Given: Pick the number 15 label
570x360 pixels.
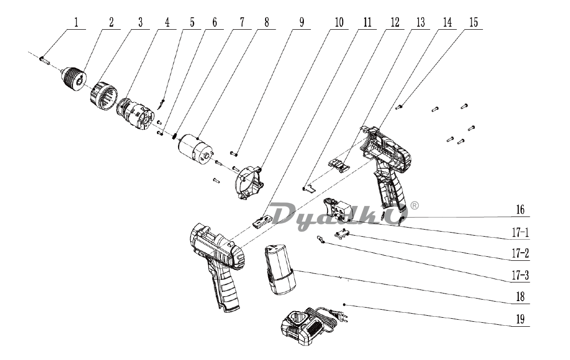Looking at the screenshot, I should [x=473, y=23].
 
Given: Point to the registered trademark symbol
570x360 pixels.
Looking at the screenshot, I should [x=415, y=205].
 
